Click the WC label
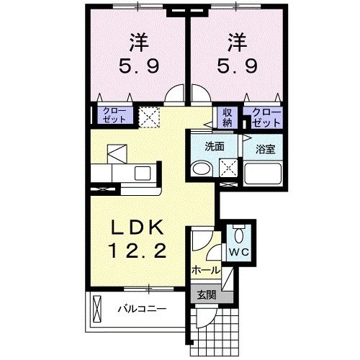coord(238,252)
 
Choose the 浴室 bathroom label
coord(266,149)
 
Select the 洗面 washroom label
coord(214,146)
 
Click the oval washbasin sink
coord(202,170)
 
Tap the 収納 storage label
coord(227,117)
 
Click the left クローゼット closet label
coord(112,116)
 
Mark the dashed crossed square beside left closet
coord(150,117)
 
